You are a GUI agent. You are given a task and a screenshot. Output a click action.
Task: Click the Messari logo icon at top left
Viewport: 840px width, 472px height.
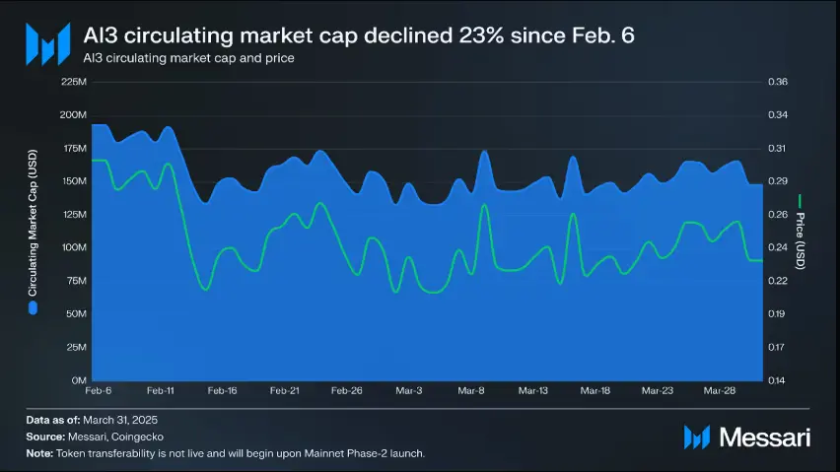click(47, 43)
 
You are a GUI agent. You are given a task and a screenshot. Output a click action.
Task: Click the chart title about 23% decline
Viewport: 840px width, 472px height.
click(359, 35)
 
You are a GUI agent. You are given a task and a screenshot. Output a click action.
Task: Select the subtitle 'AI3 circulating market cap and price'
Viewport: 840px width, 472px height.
click(189, 59)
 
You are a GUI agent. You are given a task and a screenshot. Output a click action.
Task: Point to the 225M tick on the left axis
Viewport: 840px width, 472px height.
click(74, 82)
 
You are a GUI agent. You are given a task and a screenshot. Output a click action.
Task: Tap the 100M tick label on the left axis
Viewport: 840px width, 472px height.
click(74, 247)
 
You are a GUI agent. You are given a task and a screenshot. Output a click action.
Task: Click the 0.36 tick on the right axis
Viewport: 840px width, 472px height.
click(777, 82)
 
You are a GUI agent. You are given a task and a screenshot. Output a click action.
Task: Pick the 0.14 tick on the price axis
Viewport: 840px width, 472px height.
click(777, 379)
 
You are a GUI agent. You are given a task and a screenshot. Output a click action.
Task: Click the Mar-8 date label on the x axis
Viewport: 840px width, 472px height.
click(471, 391)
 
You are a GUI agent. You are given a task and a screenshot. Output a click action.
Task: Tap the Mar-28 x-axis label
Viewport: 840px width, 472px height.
click(720, 391)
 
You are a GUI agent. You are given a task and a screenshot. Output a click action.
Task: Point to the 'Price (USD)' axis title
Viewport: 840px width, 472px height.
click(801, 240)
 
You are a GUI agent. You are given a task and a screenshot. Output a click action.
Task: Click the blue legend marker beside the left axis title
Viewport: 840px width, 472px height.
click(33, 307)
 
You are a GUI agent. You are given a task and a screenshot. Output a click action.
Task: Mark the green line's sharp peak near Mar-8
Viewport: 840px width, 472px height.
click(484, 205)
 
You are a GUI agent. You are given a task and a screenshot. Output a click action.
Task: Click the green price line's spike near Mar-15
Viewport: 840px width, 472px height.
click(573, 214)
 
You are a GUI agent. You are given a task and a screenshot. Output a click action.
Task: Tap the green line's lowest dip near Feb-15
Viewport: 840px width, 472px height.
click(205, 289)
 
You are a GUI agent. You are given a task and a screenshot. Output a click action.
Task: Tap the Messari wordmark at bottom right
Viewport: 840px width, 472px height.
click(764, 437)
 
